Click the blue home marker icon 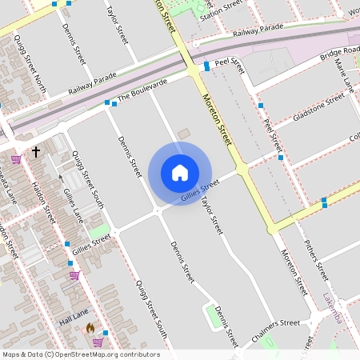(180, 173)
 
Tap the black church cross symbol (35, 150)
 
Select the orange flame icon (90, 328)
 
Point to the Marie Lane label (344, 74)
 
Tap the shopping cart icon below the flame (98, 342)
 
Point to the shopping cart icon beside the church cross (15, 159)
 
